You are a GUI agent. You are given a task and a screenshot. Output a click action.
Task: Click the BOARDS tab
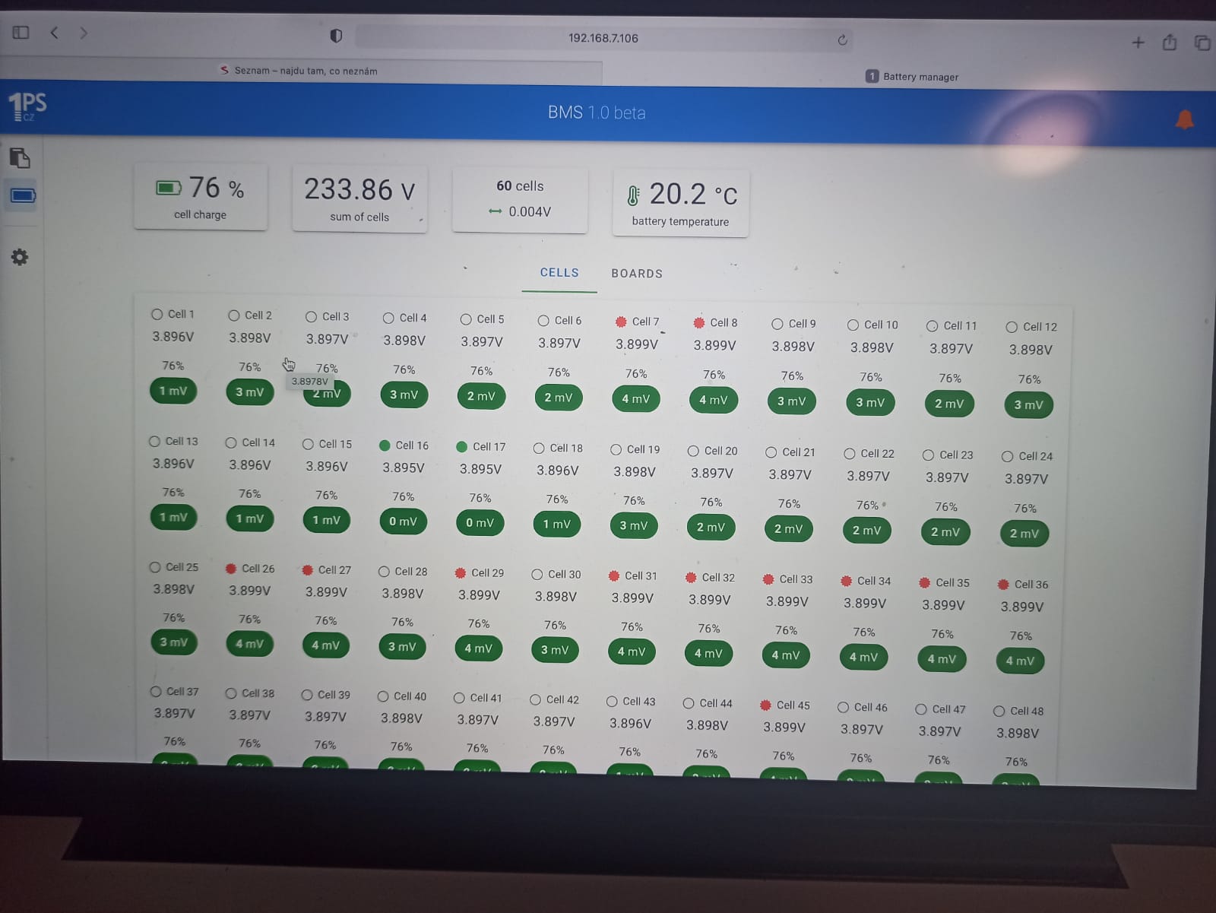[637, 274]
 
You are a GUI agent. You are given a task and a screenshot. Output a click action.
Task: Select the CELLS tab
[559, 272]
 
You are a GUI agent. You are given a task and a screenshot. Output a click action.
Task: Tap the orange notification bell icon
[1184, 120]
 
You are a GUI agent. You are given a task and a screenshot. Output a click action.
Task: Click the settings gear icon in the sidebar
[20, 257]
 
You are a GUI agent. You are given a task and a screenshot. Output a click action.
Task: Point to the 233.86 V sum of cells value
[359, 190]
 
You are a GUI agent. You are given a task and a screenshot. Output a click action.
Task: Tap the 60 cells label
[520, 186]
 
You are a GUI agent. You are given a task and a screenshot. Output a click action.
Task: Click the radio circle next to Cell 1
[157, 314]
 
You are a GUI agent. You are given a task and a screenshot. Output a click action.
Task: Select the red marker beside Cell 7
[621, 322]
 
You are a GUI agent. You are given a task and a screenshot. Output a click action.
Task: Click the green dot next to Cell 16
[385, 445]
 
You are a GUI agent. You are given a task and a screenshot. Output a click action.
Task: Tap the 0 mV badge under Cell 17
[480, 522]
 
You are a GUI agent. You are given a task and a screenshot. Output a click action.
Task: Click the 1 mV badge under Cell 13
[173, 517]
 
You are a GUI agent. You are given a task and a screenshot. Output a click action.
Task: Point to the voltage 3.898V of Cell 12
[1031, 350]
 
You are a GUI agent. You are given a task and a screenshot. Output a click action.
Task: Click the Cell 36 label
[1031, 585]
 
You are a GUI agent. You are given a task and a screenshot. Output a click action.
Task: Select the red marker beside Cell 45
[765, 705]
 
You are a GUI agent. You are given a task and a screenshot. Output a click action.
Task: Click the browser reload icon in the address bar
[842, 40]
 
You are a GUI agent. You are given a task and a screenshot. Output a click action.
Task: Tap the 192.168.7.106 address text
[603, 38]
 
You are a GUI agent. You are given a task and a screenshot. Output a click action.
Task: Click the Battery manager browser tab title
[920, 77]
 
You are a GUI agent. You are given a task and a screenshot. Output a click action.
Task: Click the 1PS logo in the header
[27, 105]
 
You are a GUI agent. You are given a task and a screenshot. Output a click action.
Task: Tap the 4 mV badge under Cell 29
[478, 648]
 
